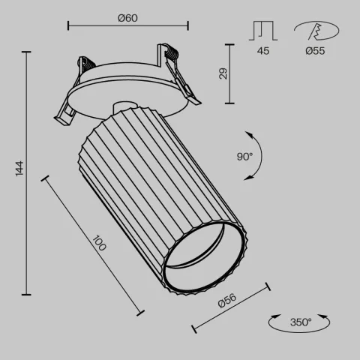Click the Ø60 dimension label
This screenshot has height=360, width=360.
click(127, 17)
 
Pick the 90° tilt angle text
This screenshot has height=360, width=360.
click(244, 157)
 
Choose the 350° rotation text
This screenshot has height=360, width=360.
click(300, 322)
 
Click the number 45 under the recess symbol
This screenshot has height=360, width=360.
click(263, 52)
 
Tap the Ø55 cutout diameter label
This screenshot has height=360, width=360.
click(314, 52)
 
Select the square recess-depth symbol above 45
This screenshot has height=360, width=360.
click(263, 31)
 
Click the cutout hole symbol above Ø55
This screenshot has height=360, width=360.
click(313, 31)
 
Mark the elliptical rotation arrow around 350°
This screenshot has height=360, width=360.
click(300, 322)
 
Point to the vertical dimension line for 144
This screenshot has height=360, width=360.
click(28, 173)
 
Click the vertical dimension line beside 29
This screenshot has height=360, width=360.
click(228, 73)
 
